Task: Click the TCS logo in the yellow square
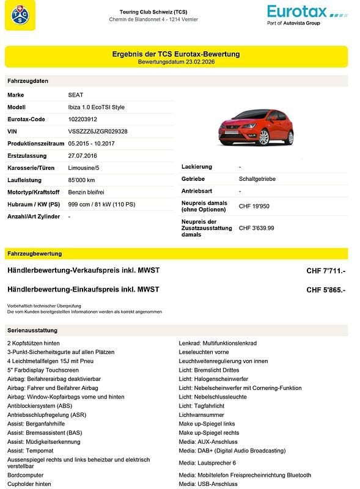20,15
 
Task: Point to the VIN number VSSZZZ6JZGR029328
98,131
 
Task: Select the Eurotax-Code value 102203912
83,119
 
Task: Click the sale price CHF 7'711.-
326,271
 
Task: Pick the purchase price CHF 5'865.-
326,290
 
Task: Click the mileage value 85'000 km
81,180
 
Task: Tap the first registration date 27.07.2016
83,155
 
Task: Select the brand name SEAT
76,95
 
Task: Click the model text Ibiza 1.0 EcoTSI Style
96,107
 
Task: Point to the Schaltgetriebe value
257,179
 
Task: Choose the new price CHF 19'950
254,207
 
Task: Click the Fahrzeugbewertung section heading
35,253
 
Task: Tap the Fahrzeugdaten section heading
28,81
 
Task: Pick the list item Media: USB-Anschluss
208,484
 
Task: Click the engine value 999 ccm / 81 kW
101,204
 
